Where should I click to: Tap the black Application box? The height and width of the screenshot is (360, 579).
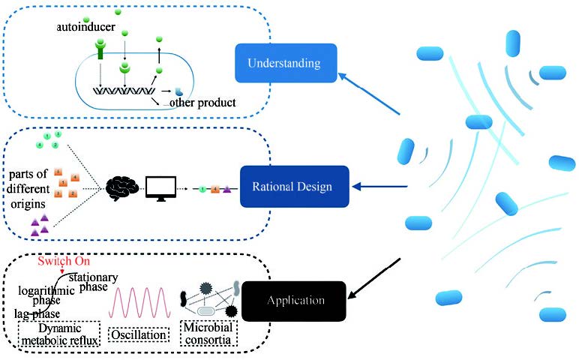[x=298, y=301]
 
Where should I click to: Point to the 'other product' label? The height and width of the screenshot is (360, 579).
[x=204, y=102]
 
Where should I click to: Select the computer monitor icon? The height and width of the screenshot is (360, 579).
[x=160, y=187]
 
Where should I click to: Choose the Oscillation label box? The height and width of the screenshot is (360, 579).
[x=138, y=335]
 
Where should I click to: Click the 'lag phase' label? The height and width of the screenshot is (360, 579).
[x=38, y=313]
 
